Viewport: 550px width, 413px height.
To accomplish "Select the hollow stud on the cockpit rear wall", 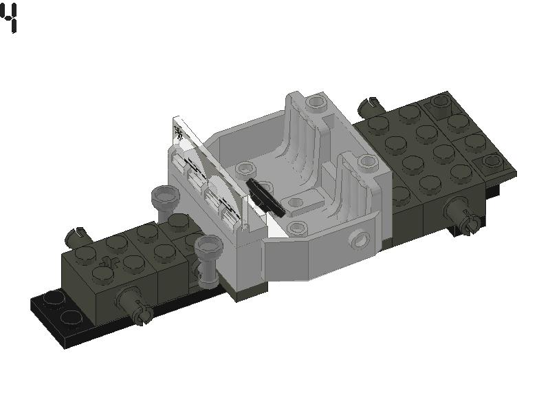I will [x=316, y=103].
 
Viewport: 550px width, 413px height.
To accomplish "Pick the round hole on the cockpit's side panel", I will [x=358, y=240].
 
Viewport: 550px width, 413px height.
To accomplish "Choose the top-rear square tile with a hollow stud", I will [x=440, y=103].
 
